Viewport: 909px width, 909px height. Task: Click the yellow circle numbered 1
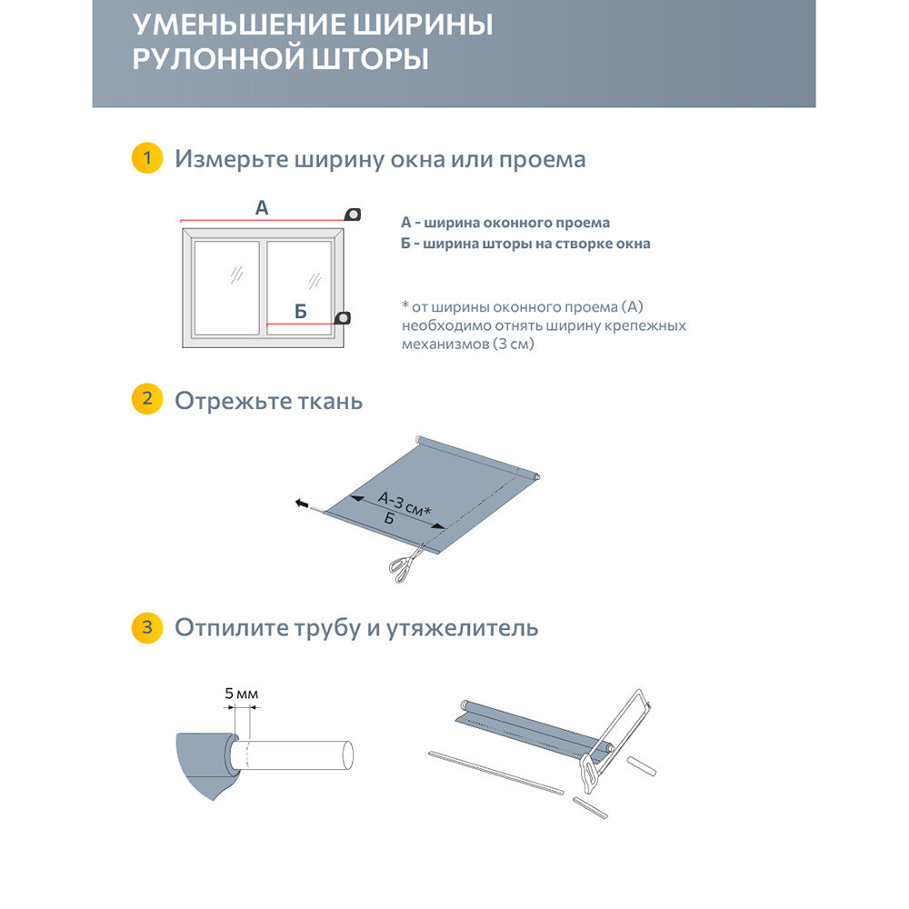146,159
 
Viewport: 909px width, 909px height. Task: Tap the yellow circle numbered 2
146,400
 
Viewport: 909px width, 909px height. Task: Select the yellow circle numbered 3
146,627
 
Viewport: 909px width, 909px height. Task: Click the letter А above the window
262,208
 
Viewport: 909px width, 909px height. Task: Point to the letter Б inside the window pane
301,312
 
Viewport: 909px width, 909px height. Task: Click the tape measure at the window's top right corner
353,215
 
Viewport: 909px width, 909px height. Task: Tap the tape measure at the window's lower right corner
344,317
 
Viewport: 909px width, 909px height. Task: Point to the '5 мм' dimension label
242,694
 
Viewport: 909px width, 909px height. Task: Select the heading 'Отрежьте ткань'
268,401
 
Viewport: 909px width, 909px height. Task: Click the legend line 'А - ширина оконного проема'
505,222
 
